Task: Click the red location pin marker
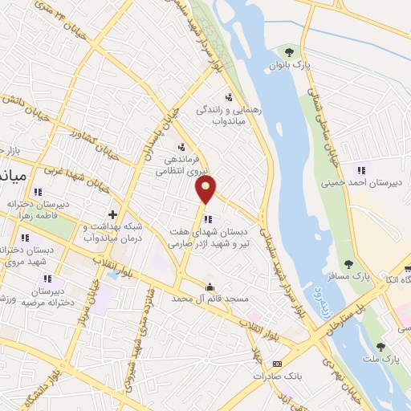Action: [x=206, y=189]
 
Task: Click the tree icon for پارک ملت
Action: [x=380, y=347]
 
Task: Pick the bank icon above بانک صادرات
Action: [x=279, y=363]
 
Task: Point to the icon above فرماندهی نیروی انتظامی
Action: [x=181, y=147]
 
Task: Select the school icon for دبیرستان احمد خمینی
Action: [x=361, y=169]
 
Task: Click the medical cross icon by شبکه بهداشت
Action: [x=112, y=215]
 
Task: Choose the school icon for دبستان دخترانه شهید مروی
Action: [x=25, y=238]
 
